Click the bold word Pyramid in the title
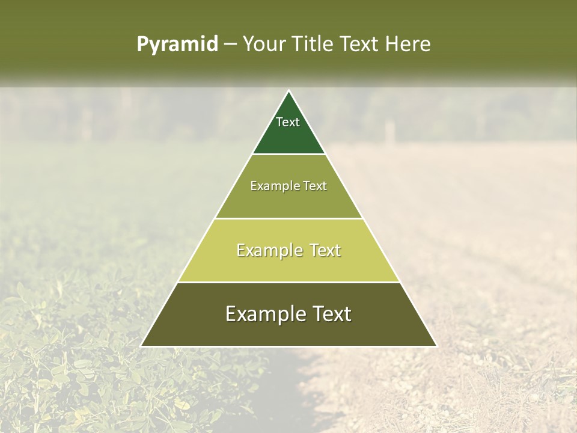(x=177, y=45)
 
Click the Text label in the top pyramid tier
(x=288, y=122)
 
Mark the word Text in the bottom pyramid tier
(x=330, y=314)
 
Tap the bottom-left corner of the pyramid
(x=142, y=346)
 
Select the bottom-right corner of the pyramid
(x=436, y=346)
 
